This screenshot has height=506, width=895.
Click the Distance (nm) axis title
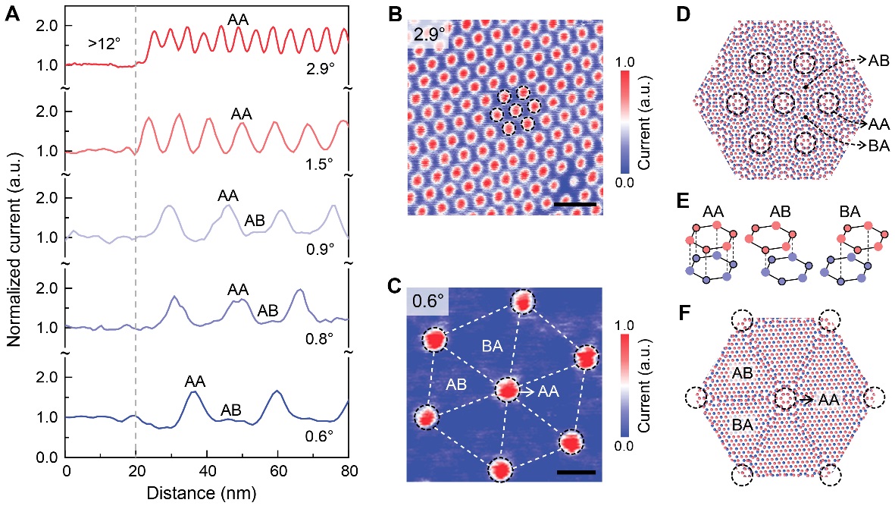click(207, 492)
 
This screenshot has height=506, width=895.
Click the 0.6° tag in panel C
click(428, 300)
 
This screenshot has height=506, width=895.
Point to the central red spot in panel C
click(506, 390)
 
